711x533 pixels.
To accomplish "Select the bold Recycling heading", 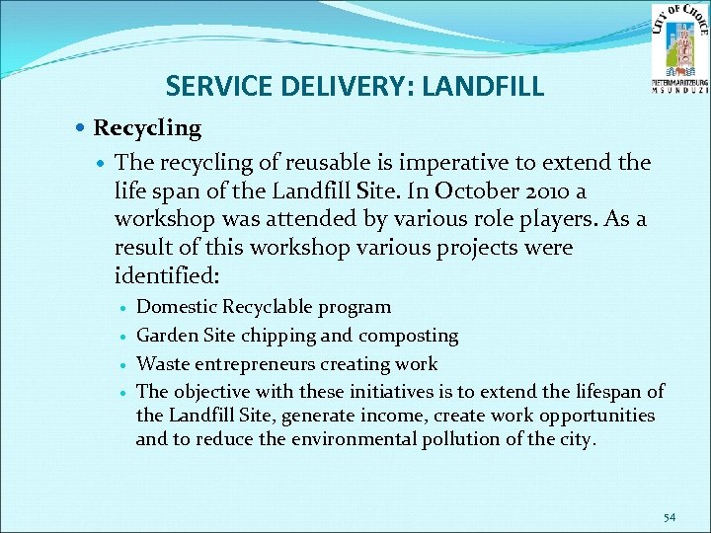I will [146, 128].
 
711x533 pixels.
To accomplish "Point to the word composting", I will [408, 336].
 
